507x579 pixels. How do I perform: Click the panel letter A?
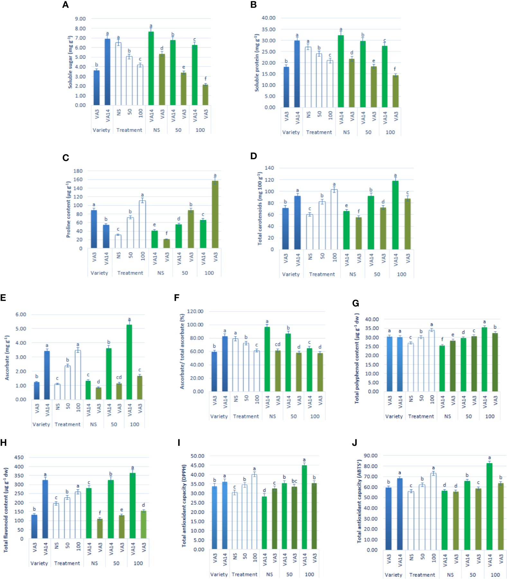tap(65, 5)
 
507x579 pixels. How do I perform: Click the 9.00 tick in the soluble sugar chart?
tap(80, 19)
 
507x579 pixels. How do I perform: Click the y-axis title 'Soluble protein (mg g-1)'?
tap(257, 63)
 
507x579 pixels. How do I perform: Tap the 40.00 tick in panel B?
tap(268, 18)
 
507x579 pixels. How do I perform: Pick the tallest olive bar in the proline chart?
tap(215, 214)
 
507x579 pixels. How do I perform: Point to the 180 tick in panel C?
tap(78, 171)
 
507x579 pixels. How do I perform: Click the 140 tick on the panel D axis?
tap(269, 168)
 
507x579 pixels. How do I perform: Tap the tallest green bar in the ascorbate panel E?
tap(129, 362)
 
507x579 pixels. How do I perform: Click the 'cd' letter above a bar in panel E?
tap(119, 377)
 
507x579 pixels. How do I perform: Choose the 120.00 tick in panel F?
tap(195, 311)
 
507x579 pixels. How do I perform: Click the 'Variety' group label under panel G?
tap(394, 416)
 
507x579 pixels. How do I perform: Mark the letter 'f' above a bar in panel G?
tap(442, 339)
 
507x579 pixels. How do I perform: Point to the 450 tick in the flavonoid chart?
tap(19, 457)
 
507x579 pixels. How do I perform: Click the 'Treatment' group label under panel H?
tap(67, 563)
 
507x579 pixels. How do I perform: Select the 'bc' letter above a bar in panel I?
tap(294, 481)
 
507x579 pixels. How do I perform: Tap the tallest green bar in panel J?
tap(489, 506)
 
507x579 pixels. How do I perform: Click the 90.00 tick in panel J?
tap(371, 455)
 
